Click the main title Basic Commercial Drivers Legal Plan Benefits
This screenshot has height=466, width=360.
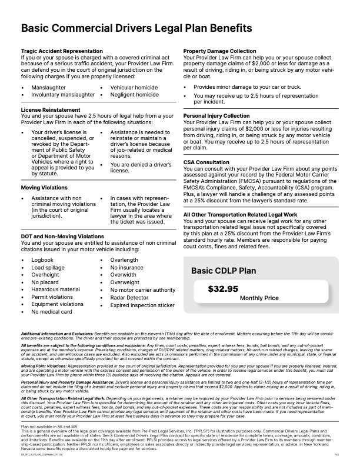click(x=137, y=28)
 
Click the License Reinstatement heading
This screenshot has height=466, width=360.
click(x=50, y=110)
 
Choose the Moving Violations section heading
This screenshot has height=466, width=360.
click(x=45, y=187)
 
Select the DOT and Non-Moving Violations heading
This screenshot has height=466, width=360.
click(x=62, y=236)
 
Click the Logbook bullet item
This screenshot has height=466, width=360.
click(x=42, y=259)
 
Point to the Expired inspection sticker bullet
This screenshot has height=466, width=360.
click(x=142, y=305)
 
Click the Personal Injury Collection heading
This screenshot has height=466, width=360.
click(x=216, y=116)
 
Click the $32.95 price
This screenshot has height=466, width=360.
click(x=223, y=289)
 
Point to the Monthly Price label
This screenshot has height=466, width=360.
click(x=259, y=298)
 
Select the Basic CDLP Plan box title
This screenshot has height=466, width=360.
click(x=225, y=271)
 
